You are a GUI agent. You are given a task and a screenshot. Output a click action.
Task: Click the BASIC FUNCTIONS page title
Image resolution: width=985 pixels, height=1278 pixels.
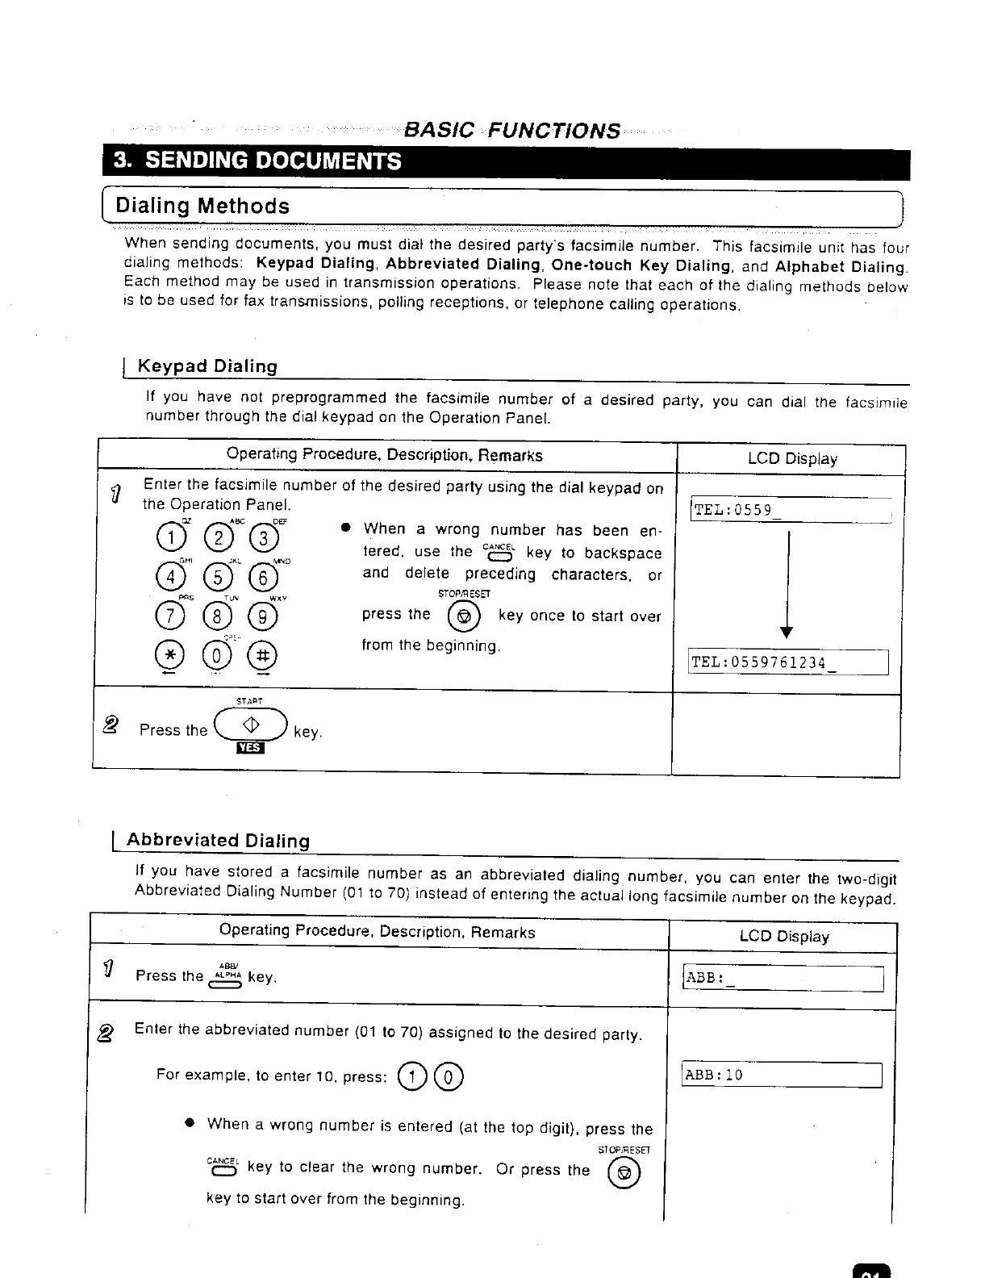(512, 131)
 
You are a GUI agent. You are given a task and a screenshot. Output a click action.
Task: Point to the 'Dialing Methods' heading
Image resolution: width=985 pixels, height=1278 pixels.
(202, 206)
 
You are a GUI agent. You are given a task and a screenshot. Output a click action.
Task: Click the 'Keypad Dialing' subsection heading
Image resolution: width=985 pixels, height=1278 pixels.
(207, 366)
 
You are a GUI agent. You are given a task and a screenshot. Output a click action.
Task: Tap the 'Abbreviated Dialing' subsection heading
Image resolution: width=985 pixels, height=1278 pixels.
(218, 841)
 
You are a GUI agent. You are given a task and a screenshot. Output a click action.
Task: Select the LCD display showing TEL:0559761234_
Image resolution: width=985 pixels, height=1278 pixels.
(787, 662)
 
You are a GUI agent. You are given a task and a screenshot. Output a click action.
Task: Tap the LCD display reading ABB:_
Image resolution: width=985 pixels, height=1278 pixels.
(783, 979)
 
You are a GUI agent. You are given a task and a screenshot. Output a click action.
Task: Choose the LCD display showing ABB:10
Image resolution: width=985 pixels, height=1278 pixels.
(782, 1075)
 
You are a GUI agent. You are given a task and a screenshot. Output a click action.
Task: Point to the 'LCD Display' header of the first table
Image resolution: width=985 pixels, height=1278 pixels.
(792, 459)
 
